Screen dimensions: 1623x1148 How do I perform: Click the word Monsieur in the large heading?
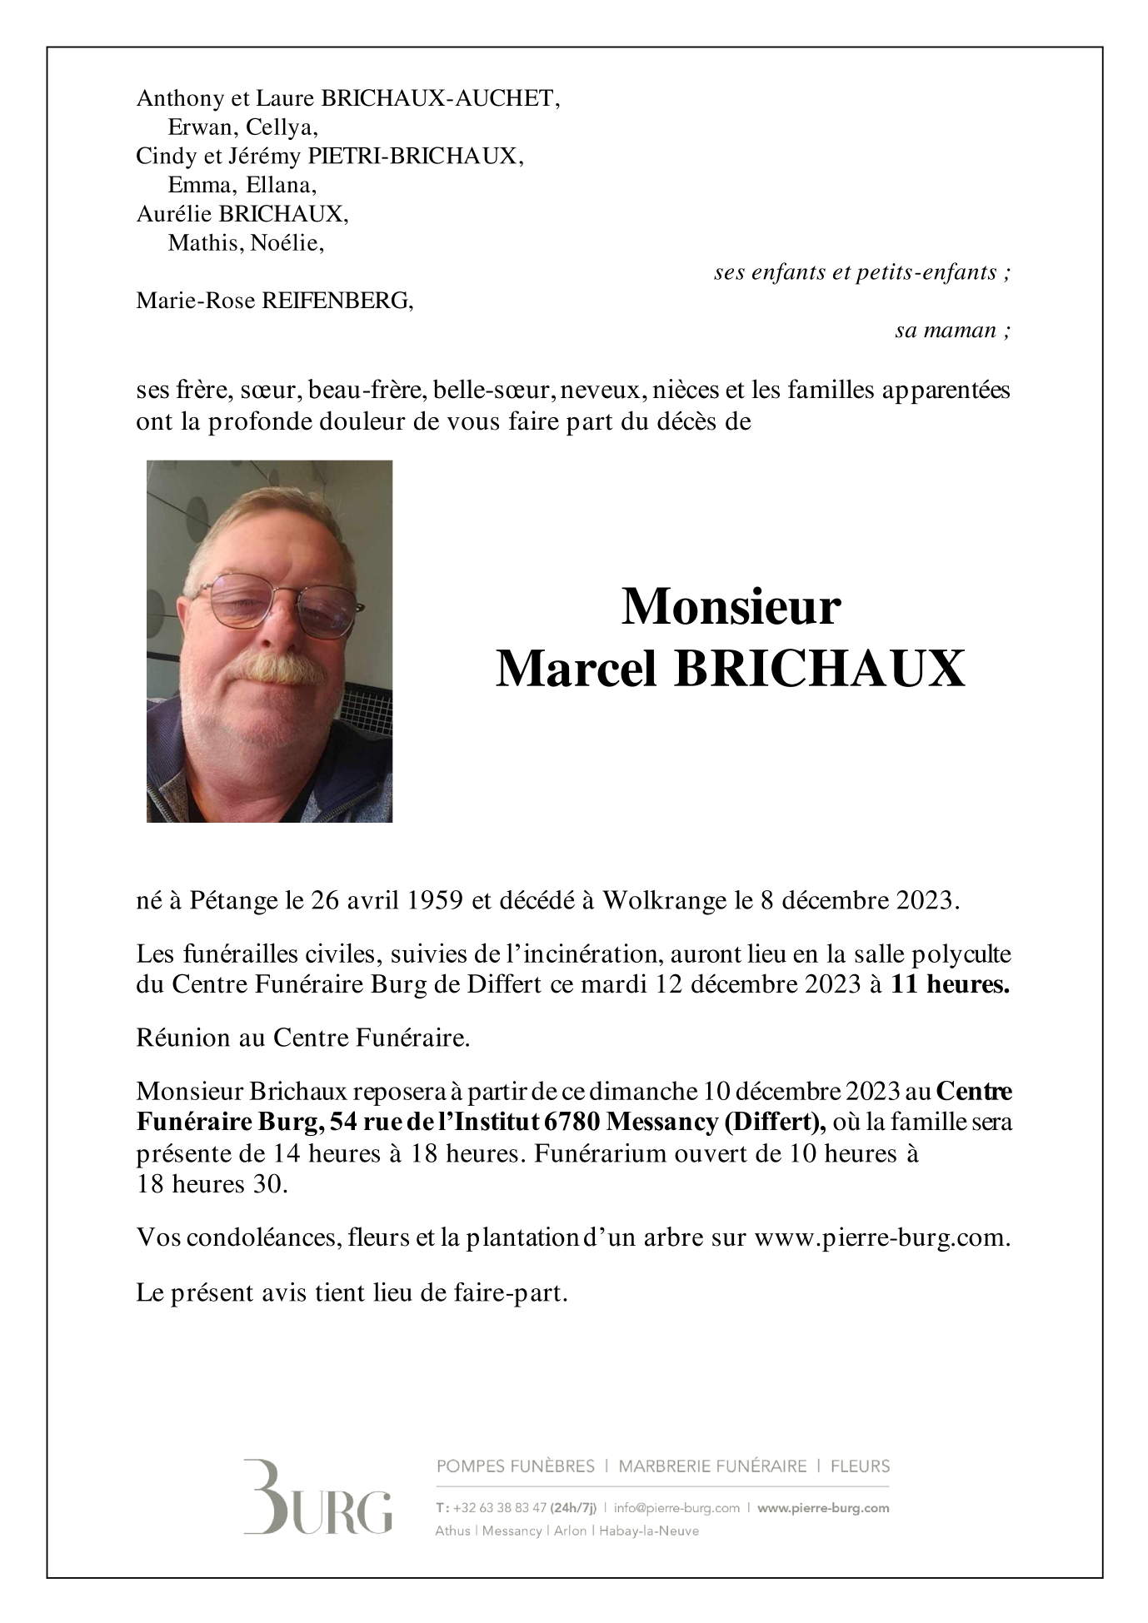[x=731, y=607]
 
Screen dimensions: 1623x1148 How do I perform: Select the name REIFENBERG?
[x=337, y=301]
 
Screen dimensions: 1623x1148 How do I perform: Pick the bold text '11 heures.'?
[x=950, y=984]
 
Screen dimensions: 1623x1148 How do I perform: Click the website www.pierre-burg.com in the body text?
[x=881, y=1237]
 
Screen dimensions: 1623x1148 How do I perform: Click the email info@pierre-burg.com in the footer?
[x=676, y=1508]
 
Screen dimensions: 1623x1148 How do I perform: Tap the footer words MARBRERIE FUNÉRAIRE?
[x=712, y=1466]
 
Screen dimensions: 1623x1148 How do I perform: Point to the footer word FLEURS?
[x=860, y=1466]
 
